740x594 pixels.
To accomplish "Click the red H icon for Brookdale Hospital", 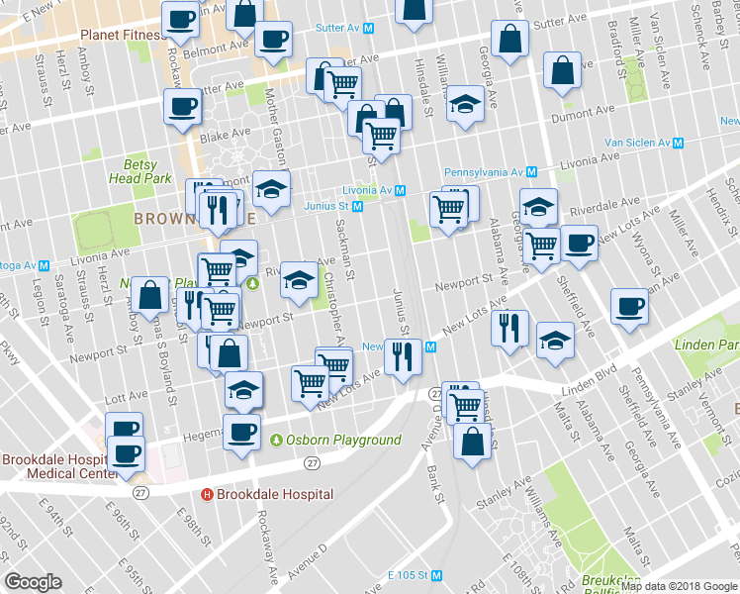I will point(208,494).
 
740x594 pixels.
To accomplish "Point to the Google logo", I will point(34,582).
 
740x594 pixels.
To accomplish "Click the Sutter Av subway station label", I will point(343,30).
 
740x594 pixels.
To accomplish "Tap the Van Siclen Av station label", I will point(637,144).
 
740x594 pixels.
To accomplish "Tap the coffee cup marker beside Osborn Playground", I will point(242,432).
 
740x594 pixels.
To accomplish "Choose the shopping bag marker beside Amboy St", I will point(150,295).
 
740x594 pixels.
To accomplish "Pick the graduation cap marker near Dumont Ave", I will point(464,105).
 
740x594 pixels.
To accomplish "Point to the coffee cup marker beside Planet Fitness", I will point(182,19).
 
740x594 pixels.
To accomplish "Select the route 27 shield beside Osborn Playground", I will point(313,462).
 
